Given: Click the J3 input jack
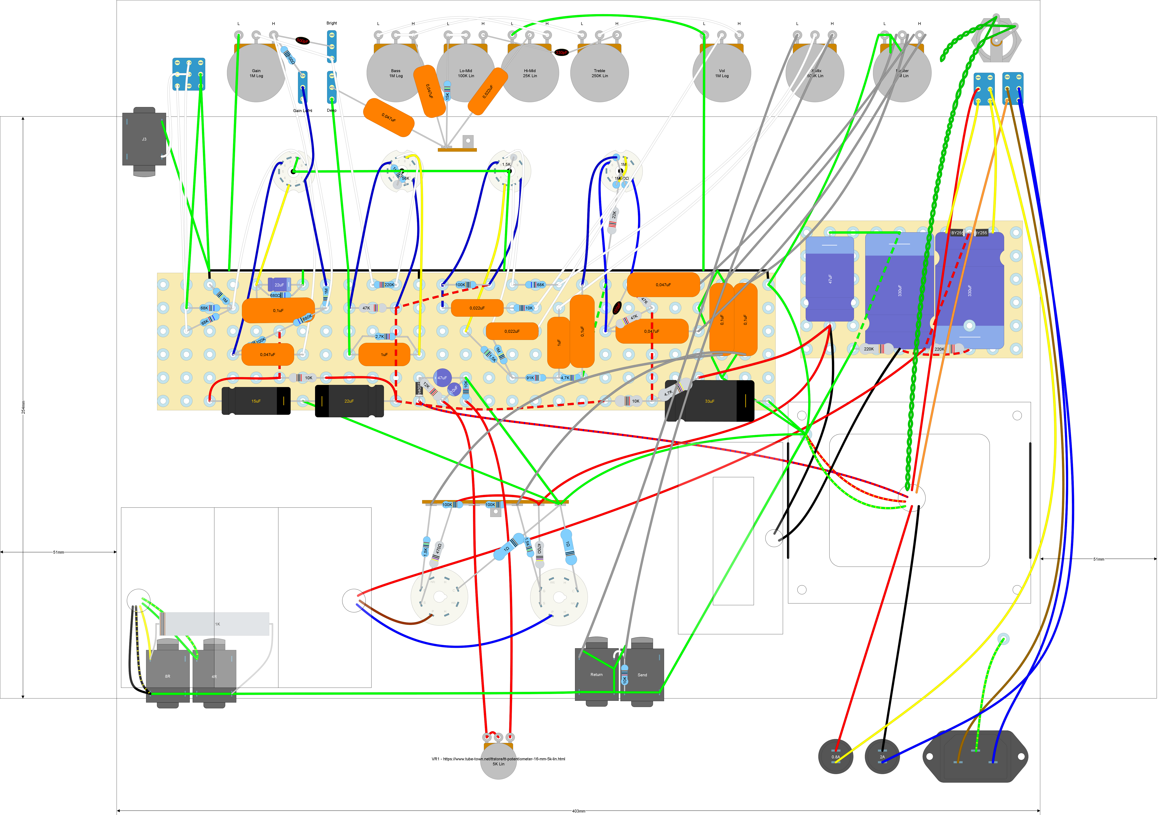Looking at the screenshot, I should (x=144, y=139).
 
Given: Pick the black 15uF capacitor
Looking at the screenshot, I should (x=256, y=401).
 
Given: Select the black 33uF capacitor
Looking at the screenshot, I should (x=709, y=401).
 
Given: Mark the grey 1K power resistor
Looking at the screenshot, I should (x=217, y=624).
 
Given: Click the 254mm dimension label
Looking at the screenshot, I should (x=23, y=407).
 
